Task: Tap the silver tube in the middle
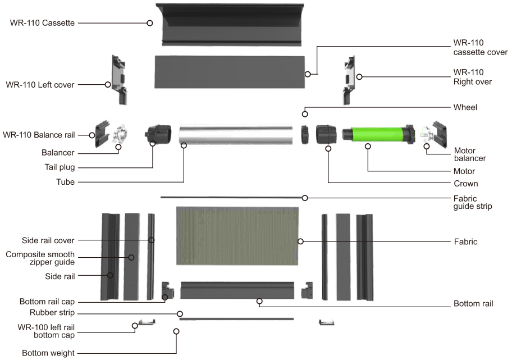tap(236, 135)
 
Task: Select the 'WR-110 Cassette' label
tap(42, 23)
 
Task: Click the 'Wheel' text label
tap(465, 107)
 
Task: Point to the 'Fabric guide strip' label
tap(473, 202)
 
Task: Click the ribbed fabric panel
tap(237, 235)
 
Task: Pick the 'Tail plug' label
tap(60, 167)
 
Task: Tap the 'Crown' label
tap(465, 184)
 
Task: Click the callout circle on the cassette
tap(149, 23)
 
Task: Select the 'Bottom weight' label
tap(48, 353)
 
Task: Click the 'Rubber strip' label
tap(52, 313)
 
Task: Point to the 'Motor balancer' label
tap(470, 154)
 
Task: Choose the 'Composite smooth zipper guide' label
tap(40, 258)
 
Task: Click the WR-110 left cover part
tap(119, 80)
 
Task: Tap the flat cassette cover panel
tap(230, 72)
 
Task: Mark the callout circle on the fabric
tap(300, 241)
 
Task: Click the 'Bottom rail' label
tap(473, 303)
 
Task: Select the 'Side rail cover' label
tap(48, 240)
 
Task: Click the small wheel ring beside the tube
tap(305, 135)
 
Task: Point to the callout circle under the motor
tap(368, 147)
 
